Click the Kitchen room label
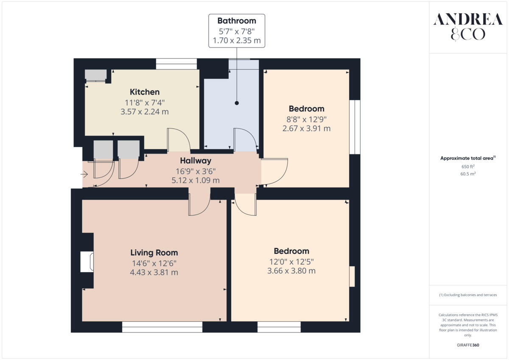point(145,92)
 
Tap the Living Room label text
point(154,253)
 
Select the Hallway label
point(195,161)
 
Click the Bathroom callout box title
point(237,21)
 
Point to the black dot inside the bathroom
point(237,103)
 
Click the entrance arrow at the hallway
point(84,174)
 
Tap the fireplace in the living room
point(87,262)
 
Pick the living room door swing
point(199,205)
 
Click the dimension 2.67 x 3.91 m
point(306,128)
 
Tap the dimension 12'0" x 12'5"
point(291,261)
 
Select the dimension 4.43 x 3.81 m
point(154,272)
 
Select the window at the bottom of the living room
point(162,327)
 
